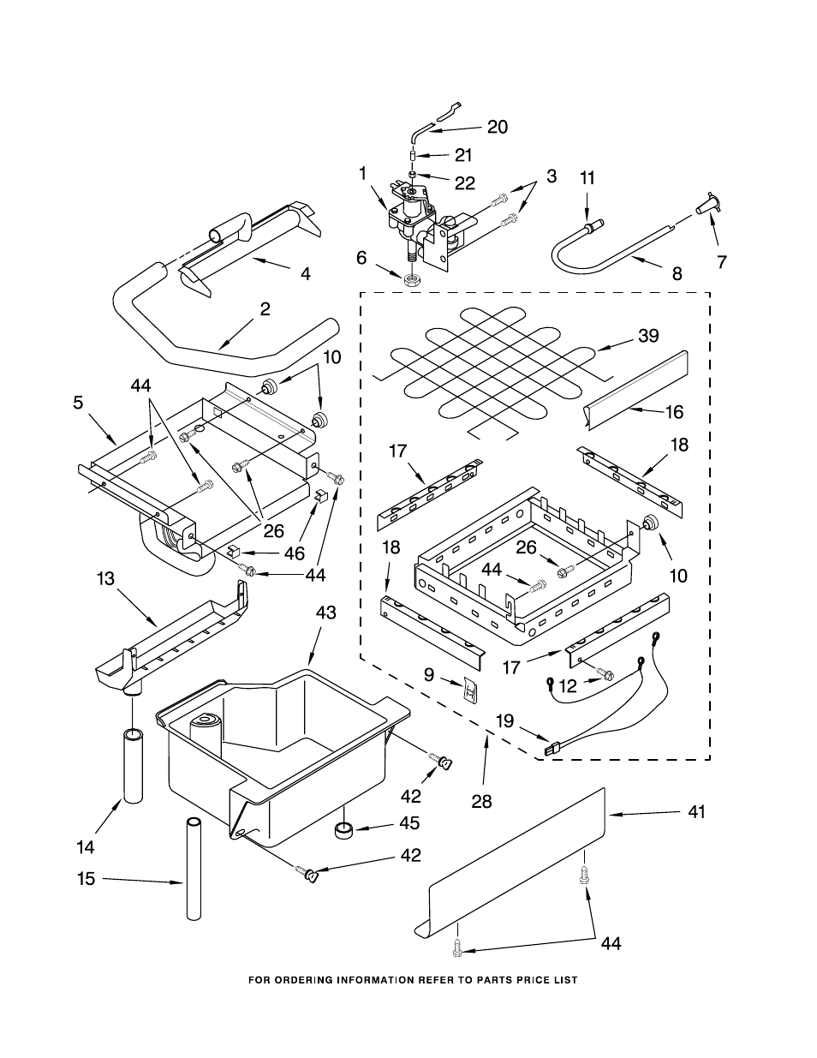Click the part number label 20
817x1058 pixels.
[498, 127]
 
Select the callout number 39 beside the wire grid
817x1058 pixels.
[648, 336]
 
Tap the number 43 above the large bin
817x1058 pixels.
[326, 613]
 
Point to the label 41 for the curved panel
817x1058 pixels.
[697, 811]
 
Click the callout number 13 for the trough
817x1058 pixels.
[104, 579]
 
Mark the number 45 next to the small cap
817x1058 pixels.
[410, 822]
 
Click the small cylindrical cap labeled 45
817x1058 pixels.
[345, 829]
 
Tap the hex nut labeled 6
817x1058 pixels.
[412, 279]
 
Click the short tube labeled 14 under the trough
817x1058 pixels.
[132, 764]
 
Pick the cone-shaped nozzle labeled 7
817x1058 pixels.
[707, 205]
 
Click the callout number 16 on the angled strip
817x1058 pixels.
[674, 412]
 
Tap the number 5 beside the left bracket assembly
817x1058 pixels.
[78, 402]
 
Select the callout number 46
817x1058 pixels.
[294, 553]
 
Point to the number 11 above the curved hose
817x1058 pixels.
[587, 177]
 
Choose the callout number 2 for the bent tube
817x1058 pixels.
[265, 309]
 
